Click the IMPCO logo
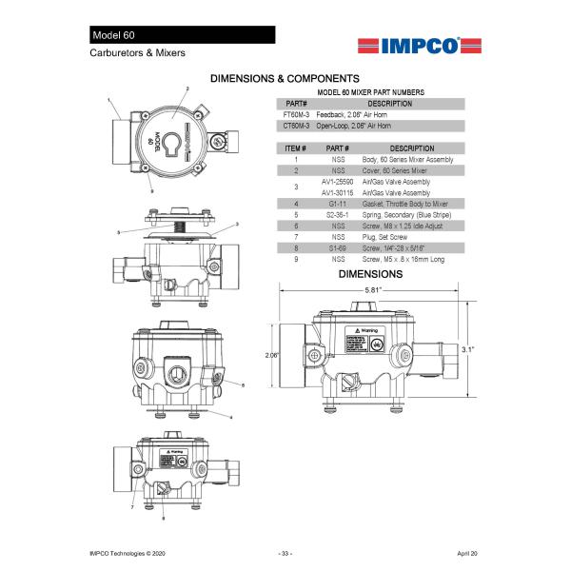pyautogui.click(x=410, y=45)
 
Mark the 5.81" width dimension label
pyautogui.click(x=374, y=289)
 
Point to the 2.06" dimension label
pyautogui.click(x=272, y=354)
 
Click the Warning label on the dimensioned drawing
pyautogui.click(x=366, y=331)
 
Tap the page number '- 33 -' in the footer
pyautogui.click(x=285, y=552)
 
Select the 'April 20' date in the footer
pyautogui.click(x=466, y=552)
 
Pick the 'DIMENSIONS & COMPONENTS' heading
pyautogui.click(x=285, y=77)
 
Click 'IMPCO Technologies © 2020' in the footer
pyautogui.click(x=128, y=552)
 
